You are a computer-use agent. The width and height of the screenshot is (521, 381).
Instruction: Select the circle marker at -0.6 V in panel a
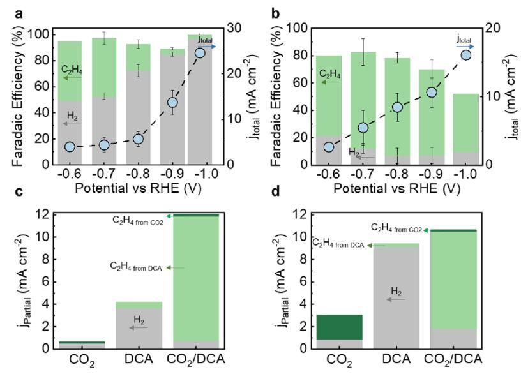pos(70,147)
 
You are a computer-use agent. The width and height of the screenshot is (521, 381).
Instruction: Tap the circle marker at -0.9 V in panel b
pos(431,93)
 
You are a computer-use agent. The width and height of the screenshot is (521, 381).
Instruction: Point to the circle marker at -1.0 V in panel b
pos(465,55)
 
